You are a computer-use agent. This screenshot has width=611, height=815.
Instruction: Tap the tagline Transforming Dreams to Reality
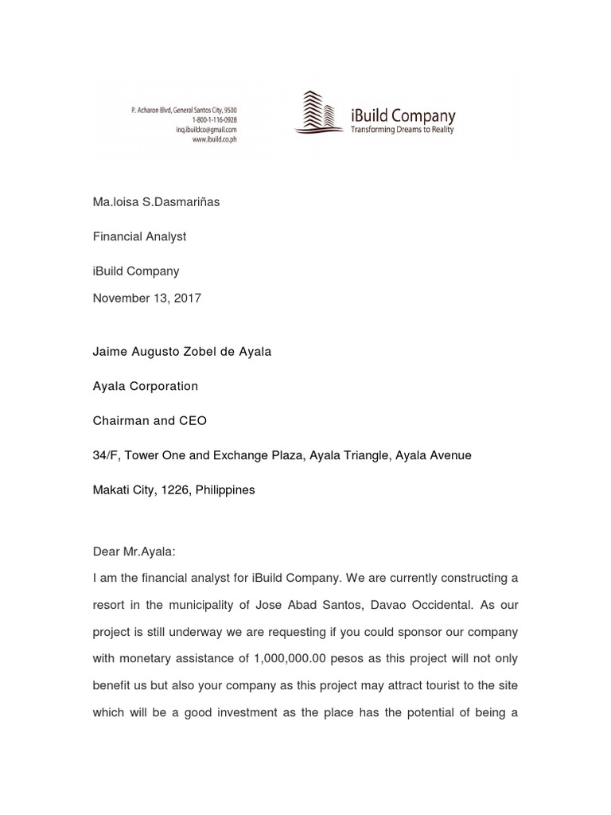pyautogui.click(x=403, y=130)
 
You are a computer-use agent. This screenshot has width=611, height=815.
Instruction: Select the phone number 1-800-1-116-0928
pyautogui.click(x=213, y=119)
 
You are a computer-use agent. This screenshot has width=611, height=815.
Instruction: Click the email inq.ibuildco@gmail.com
pyautogui.click(x=206, y=129)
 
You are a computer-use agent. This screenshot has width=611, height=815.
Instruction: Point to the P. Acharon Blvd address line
pyautogui.click(x=183, y=110)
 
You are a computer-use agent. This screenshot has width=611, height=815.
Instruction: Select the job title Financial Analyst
pyautogui.click(x=139, y=236)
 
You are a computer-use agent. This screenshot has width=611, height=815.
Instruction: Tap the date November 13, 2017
pyautogui.click(x=147, y=298)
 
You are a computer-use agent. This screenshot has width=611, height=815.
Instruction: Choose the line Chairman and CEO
pyautogui.click(x=150, y=421)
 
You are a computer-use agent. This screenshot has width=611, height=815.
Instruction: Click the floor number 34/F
pyautogui.click(x=107, y=455)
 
